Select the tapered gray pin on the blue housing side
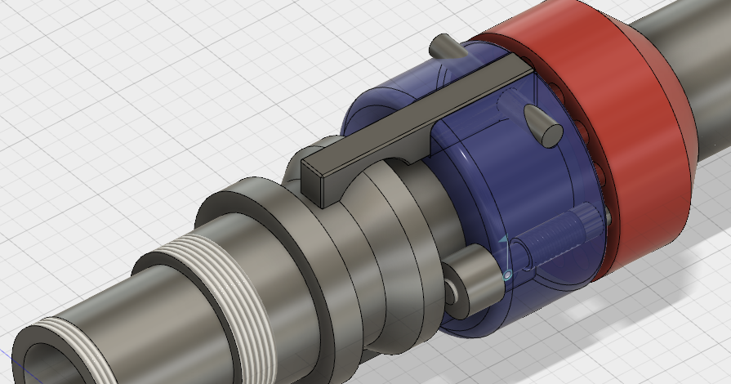[x=542, y=124]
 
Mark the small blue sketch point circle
[x=506, y=276]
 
